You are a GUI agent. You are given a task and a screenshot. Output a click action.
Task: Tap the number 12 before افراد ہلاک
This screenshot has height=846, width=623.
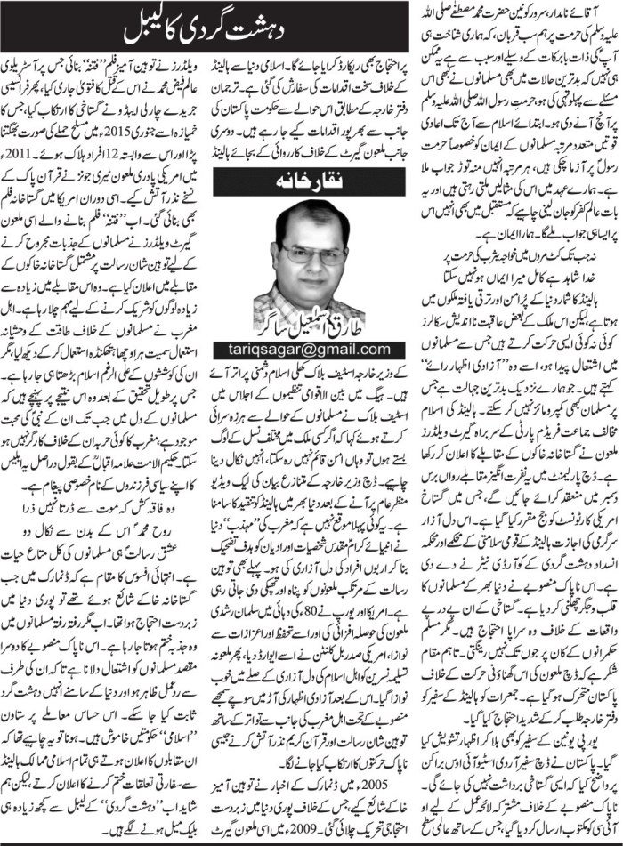(150, 149)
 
